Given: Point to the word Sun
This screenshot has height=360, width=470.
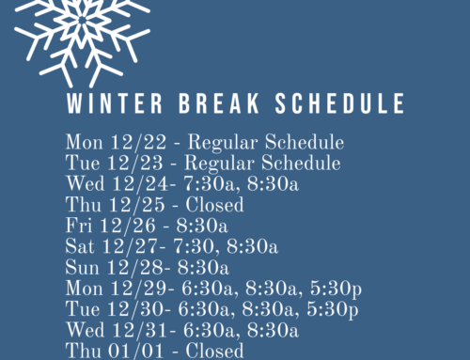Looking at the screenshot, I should [x=82, y=268].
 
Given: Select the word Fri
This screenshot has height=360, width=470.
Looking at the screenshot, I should [x=78, y=227].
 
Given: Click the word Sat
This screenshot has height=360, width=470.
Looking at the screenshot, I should [x=80, y=247].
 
